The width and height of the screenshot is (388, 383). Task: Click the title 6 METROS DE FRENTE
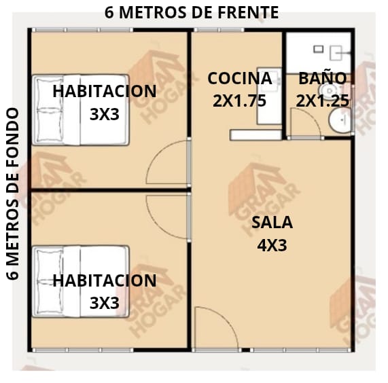click(x=192, y=13)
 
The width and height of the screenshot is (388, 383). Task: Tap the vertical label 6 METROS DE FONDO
click(x=12, y=194)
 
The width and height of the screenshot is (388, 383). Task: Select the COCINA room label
click(x=240, y=78)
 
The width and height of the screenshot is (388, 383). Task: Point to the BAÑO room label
click(x=322, y=78)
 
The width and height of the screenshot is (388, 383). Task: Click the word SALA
click(x=272, y=222)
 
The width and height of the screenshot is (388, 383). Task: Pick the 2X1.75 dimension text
click(x=240, y=101)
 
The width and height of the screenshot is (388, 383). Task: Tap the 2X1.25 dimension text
click(x=322, y=101)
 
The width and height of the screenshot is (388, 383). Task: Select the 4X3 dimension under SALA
click(x=272, y=246)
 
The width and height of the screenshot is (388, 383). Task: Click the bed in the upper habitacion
click(x=81, y=110)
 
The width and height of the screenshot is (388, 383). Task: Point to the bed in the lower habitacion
click(x=81, y=281)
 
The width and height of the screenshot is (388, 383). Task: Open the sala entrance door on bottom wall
click(x=228, y=319)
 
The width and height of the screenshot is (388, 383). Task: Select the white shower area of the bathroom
click(x=319, y=53)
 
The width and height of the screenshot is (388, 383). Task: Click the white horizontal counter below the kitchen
click(x=256, y=135)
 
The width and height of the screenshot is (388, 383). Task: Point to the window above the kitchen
click(x=219, y=30)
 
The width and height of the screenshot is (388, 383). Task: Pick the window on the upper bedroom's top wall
click(x=83, y=30)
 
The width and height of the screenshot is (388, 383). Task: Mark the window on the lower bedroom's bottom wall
click(x=83, y=350)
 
